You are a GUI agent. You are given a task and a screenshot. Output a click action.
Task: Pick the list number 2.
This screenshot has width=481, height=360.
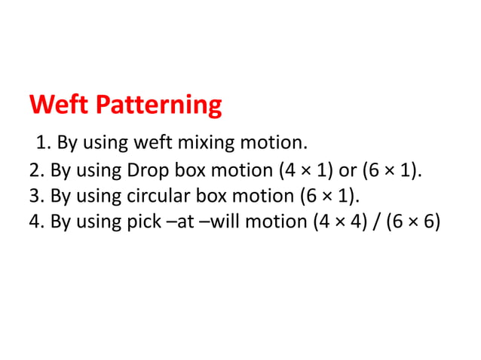click(35, 169)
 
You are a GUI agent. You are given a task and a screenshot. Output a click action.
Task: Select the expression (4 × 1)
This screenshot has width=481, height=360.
click(308, 169)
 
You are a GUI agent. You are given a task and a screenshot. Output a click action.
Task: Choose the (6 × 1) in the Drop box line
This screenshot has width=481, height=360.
click(391, 169)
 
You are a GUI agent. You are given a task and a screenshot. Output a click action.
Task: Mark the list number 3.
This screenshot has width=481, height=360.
click(35, 197)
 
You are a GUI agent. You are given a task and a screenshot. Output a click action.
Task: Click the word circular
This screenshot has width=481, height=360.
click(159, 197)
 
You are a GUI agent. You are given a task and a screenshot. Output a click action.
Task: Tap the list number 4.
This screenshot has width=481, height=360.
click(35, 224)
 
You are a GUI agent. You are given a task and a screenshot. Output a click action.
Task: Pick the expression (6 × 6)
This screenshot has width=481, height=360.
click(413, 224)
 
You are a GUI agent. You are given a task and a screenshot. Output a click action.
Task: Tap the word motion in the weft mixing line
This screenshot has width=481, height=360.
click(276, 142)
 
